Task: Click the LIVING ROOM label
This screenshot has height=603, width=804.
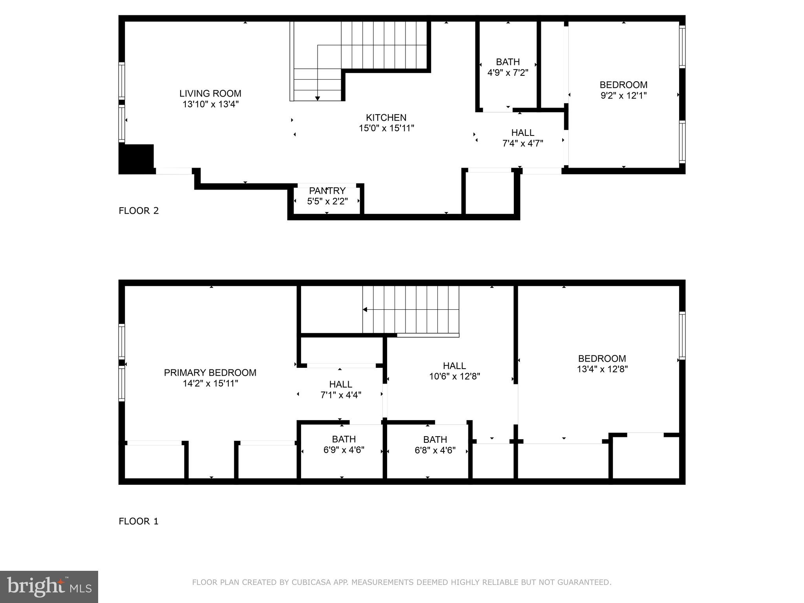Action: [x=210, y=93]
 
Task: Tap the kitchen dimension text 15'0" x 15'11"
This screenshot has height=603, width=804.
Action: [x=386, y=128]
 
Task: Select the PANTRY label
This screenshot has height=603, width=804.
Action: [x=327, y=191]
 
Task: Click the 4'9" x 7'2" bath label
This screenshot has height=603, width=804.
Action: [x=508, y=68]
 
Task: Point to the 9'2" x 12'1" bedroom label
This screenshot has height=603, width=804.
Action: [x=623, y=90]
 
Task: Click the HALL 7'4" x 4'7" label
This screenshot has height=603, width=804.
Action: [x=523, y=138]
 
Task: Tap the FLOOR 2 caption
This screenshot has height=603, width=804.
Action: [x=139, y=211]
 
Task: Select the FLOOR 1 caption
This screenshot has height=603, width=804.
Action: [x=139, y=521]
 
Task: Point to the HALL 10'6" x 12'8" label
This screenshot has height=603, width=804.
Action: [x=454, y=371]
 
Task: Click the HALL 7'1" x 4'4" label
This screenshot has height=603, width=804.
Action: [x=340, y=389]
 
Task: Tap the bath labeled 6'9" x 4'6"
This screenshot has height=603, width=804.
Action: [x=344, y=444]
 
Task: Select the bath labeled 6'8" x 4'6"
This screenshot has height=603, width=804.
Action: [x=435, y=445]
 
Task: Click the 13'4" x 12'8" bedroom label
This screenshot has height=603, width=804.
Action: [x=602, y=364]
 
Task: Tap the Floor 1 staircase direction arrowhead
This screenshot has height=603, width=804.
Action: [x=365, y=310]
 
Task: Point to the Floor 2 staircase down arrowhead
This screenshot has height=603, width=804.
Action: [x=317, y=99]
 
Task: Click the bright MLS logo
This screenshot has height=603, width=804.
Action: [x=49, y=587]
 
